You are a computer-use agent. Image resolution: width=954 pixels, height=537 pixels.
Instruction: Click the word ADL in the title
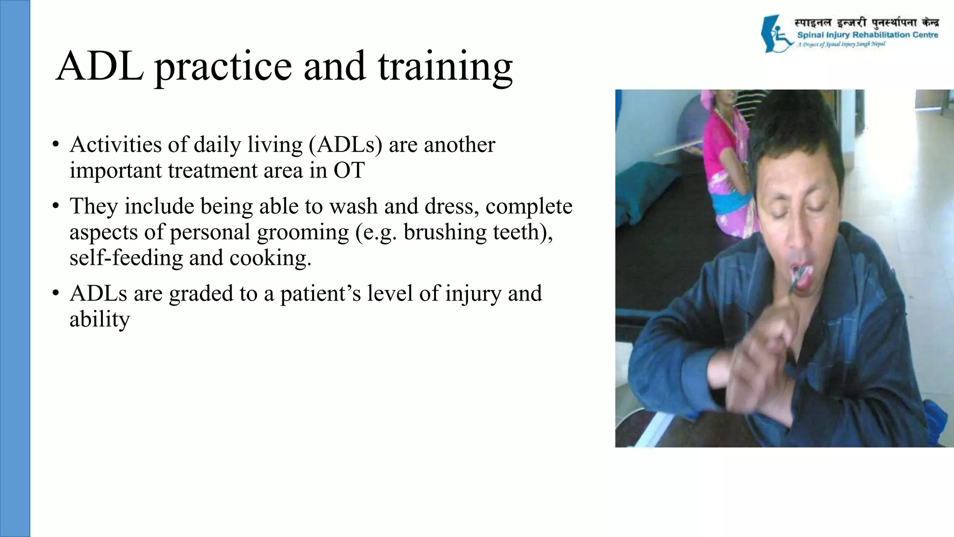[x=99, y=66]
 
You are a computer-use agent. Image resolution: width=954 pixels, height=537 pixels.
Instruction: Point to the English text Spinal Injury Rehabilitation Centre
[x=867, y=35]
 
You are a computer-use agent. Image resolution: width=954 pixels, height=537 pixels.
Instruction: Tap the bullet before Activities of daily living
[x=55, y=145]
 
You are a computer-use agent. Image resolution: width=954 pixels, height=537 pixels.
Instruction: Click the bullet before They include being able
[x=55, y=207]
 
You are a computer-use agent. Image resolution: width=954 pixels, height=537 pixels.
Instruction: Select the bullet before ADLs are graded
[x=55, y=294]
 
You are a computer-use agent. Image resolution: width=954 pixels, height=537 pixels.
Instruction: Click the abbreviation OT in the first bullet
[x=348, y=170]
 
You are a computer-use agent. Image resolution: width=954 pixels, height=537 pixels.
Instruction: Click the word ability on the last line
[x=99, y=319]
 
